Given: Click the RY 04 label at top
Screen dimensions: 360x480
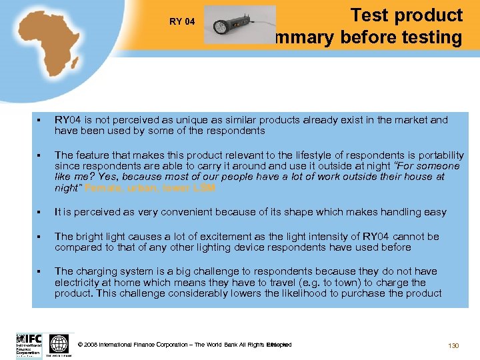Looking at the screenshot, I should [x=182, y=22].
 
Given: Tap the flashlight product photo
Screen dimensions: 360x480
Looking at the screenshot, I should [x=239, y=25].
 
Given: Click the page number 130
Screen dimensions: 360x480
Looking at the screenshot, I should [x=454, y=345].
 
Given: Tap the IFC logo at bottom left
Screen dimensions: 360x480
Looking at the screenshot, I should [x=29, y=345].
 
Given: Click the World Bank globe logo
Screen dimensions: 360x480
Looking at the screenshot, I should [x=59, y=345].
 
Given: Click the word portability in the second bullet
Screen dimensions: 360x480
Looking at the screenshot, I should [x=433, y=155].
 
